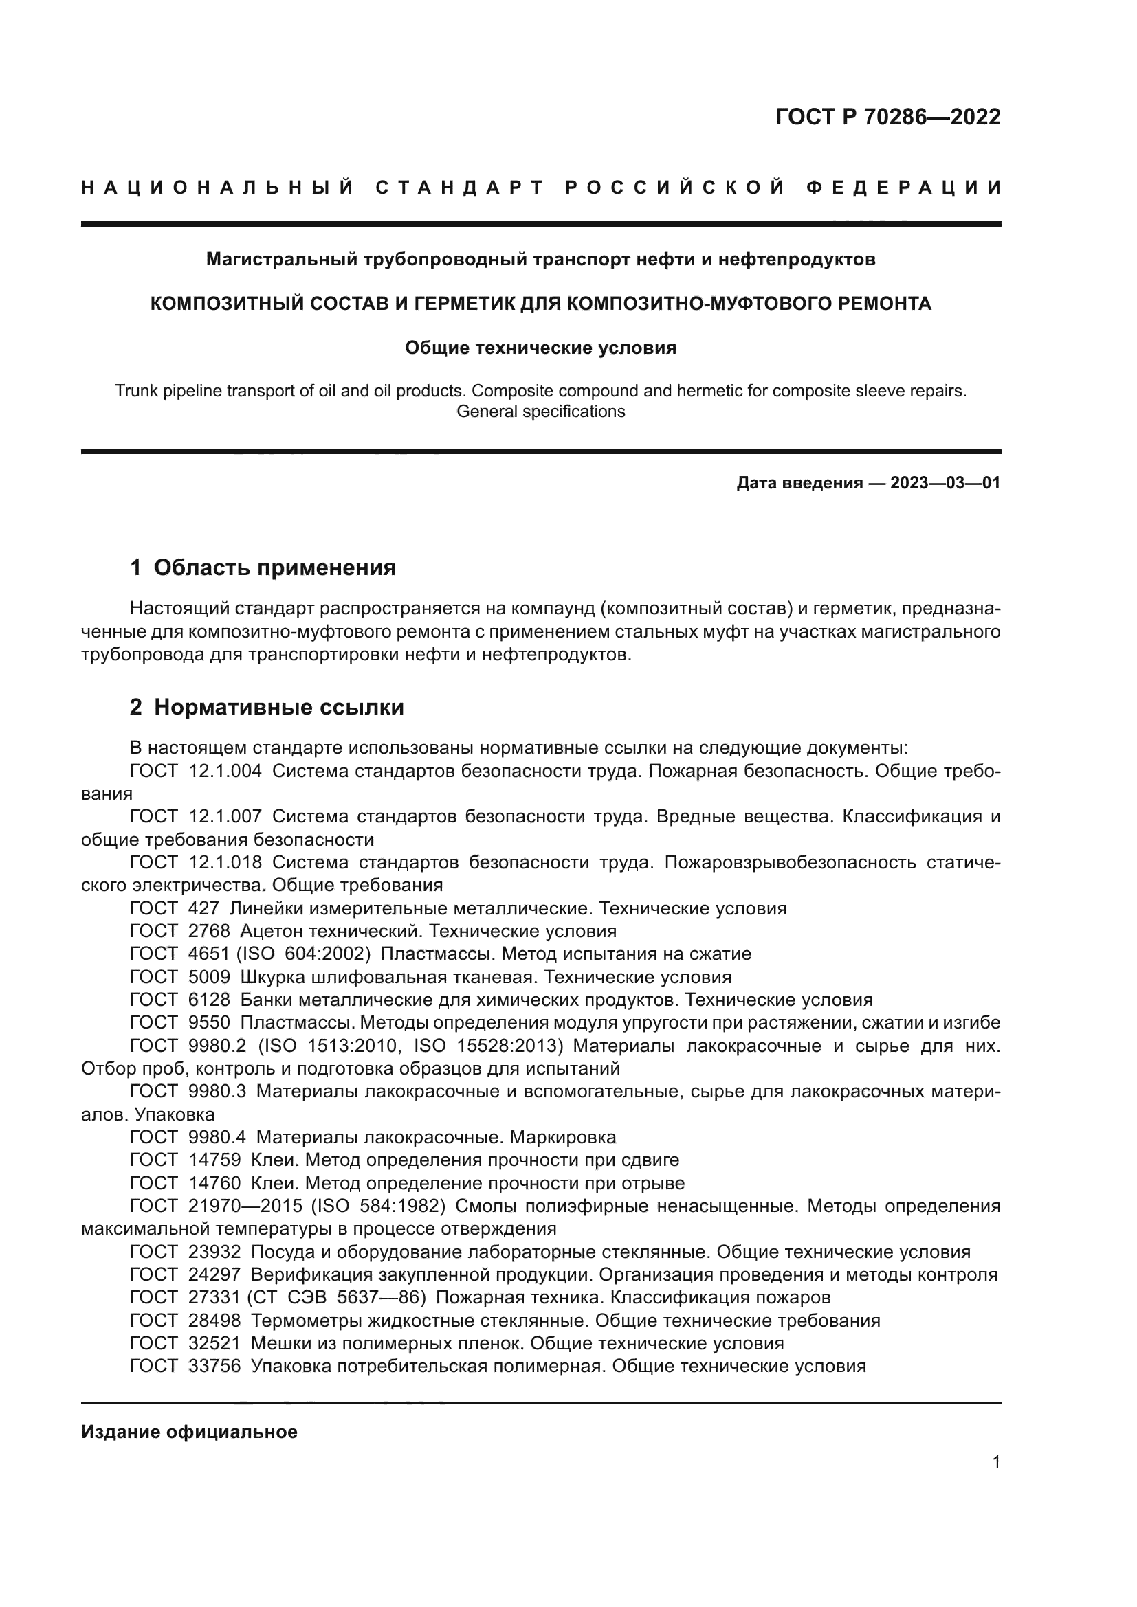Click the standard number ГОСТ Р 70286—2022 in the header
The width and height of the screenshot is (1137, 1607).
887,117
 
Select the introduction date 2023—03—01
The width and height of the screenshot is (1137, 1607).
945,483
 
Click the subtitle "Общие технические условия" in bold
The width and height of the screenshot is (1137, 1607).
540,348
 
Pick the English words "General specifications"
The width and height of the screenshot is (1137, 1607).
540,412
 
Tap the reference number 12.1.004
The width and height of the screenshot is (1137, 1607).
225,772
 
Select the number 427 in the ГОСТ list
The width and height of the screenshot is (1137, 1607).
203,908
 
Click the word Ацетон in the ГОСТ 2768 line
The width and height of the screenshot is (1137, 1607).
270,931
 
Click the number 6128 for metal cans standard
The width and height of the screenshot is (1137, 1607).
209,1000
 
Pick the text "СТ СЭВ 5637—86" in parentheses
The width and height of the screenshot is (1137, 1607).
336,1297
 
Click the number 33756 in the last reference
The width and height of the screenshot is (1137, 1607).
214,1366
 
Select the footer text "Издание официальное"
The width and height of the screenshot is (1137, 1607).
189,1432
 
